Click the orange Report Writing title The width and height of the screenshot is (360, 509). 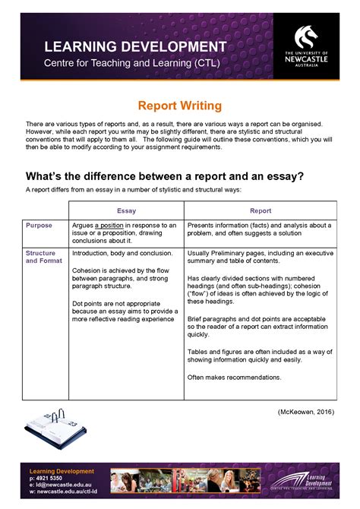coord(179,106)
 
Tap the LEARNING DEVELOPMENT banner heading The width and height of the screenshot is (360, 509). coord(134,47)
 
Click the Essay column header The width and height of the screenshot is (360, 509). coord(126,210)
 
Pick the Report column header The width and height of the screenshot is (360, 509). coord(261,210)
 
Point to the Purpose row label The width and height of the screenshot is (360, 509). coord(39,225)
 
